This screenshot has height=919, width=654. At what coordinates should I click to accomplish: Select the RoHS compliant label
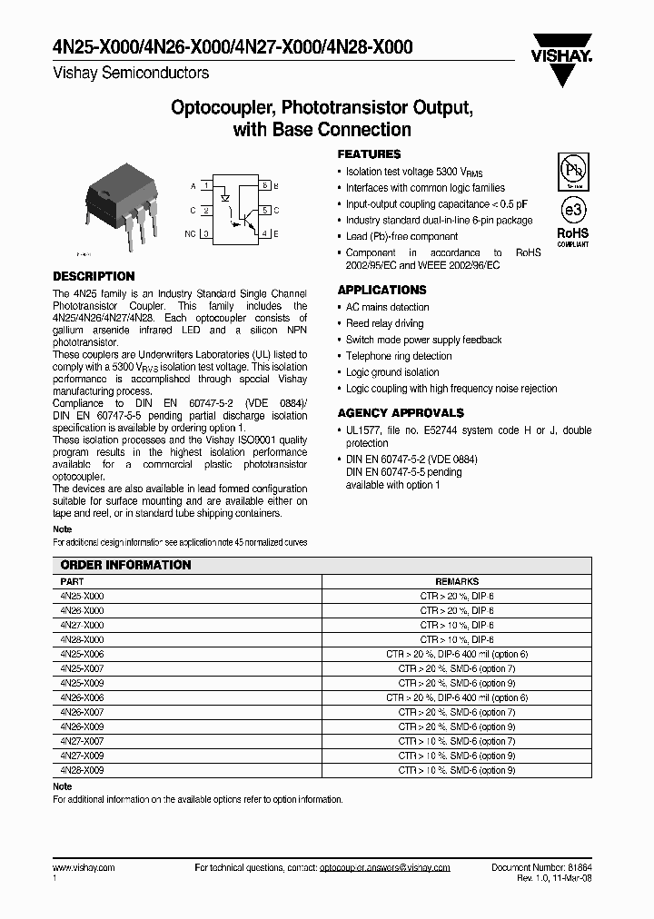pyautogui.click(x=572, y=237)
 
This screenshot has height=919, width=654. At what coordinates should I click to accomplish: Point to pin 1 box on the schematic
pyautogui.click(x=207, y=186)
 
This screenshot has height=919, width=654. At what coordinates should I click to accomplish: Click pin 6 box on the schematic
pyautogui.click(x=264, y=186)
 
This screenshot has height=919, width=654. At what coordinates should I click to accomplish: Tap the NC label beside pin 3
pyautogui.click(x=190, y=234)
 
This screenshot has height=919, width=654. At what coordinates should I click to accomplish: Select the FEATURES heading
pyautogui.click(x=369, y=154)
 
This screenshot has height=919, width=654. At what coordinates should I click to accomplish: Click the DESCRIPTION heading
pyautogui.click(x=94, y=276)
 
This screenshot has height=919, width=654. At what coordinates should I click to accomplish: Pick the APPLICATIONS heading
pyautogui.click(x=381, y=290)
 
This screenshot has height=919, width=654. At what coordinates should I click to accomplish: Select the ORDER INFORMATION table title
pyautogui.click(x=125, y=565)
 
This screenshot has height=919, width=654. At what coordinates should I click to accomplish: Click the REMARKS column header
pyautogui.click(x=456, y=581)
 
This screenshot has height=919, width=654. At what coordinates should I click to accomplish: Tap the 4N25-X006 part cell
pyautogui.click(x=83, y=654)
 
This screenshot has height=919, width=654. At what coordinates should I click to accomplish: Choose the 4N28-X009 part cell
pyautogui.click(x=83, y=770)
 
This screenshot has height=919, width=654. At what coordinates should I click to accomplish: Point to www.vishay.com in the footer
pyautogui.click(x=84, y=868)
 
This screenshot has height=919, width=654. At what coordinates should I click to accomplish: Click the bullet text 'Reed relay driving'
pyautogui.click(x=384, y=323)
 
